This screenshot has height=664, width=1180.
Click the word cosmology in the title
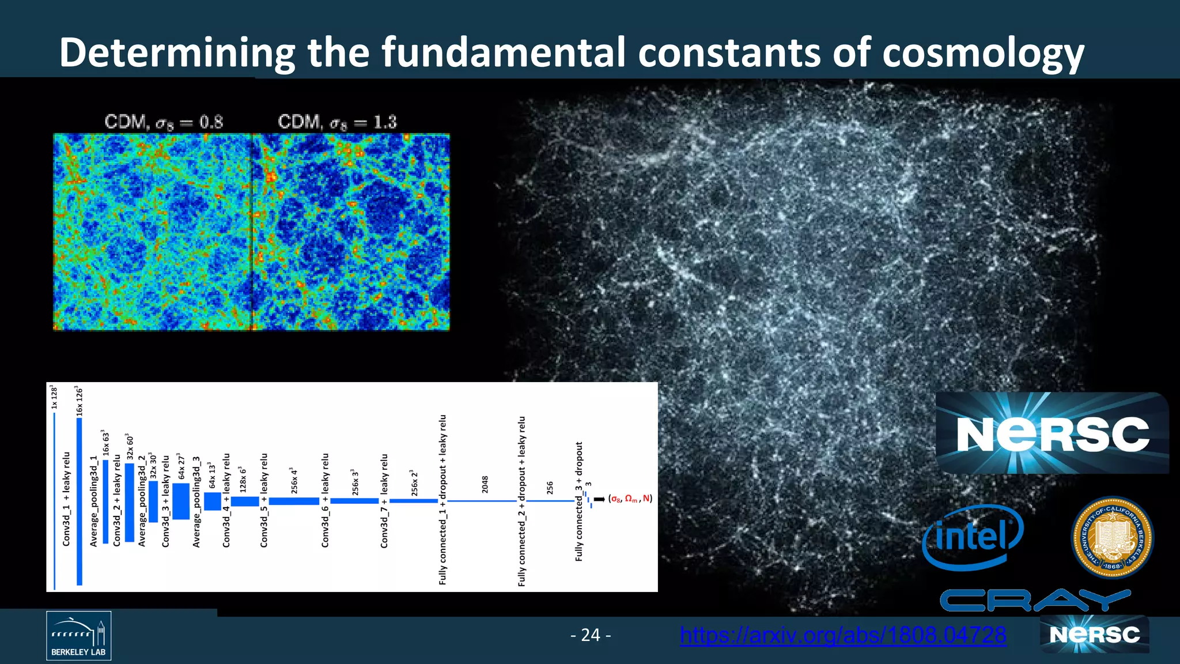pyautogui.click(x=983, y=53)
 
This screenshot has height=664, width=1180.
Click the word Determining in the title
pyautogui.click(x=176, y=53)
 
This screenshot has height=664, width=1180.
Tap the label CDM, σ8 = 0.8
pyautogui.click(x=164, y=122)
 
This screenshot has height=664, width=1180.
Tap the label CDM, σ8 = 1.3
pyautogui.click(x=337, y=122)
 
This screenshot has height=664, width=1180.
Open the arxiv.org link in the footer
pyautogui.click(x=843, y=635)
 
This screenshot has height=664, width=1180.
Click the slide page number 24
pyautogui.click(x=591, y=635)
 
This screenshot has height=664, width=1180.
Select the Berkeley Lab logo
pyautogui.click(x=78, y=636)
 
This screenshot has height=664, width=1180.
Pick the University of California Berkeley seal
pyautogui.click(x=1112, y=537)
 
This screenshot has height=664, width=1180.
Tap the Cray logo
pyautogui.click(x=1034, y=601)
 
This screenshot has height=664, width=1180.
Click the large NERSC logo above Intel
pyautogui.click(x=1052, y=433)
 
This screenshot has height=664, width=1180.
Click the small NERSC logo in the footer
pyautogui.click(x=1095, y=635)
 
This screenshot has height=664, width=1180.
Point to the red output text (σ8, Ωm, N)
pyautogui.click(x=631, y=499)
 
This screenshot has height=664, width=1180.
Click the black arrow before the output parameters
pyautogui.click(x=599, y=499)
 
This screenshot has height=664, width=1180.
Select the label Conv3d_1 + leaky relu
pyautogui.click(x=66, y=499)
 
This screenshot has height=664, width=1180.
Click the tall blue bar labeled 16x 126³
pyautogui.click(x=80, y=501)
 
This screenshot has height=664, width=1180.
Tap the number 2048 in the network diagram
pyautogui.click(x=485, y=484)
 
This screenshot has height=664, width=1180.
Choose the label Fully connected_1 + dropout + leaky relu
pyautogui.click(x=442, y=499)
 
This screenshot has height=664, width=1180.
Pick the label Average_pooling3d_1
pyautogui.click(x=93, y=500)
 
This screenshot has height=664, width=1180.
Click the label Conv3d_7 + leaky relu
pyautogui.click(x=384, y=500)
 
